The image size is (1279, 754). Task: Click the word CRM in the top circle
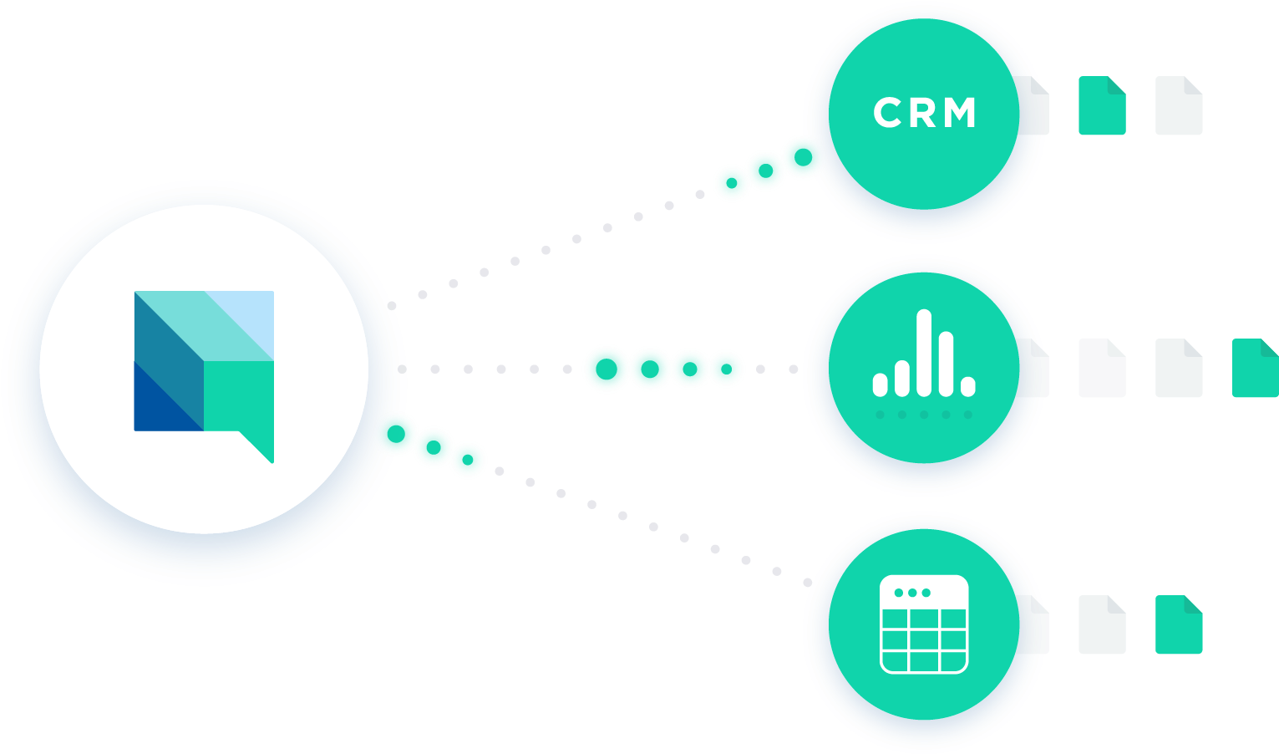pos(925,112)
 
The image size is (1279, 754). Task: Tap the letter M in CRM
pos(959,112)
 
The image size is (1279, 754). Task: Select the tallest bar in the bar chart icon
pos(924,353)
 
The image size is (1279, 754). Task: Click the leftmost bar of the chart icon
pos(880,385)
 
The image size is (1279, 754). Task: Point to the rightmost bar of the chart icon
pos(968,386)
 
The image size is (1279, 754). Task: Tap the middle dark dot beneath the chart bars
pos(924,415)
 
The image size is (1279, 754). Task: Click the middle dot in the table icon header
pos(912,593)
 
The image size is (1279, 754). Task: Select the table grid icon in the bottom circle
pos(924,624)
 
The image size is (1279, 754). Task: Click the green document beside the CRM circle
pos(1102,105)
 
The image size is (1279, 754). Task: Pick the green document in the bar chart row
pos(1256,368)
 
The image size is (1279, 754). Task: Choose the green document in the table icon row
pos(1179,624)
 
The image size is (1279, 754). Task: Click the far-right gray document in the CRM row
pos(1179,105)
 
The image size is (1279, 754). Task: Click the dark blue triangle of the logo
pos(157,408)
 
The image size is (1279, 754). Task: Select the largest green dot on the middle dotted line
pos(607,369)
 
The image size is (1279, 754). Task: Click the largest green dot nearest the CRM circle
pos(804,157)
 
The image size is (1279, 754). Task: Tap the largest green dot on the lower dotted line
pos(396,434)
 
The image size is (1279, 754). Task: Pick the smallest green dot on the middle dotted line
pos(726,369)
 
